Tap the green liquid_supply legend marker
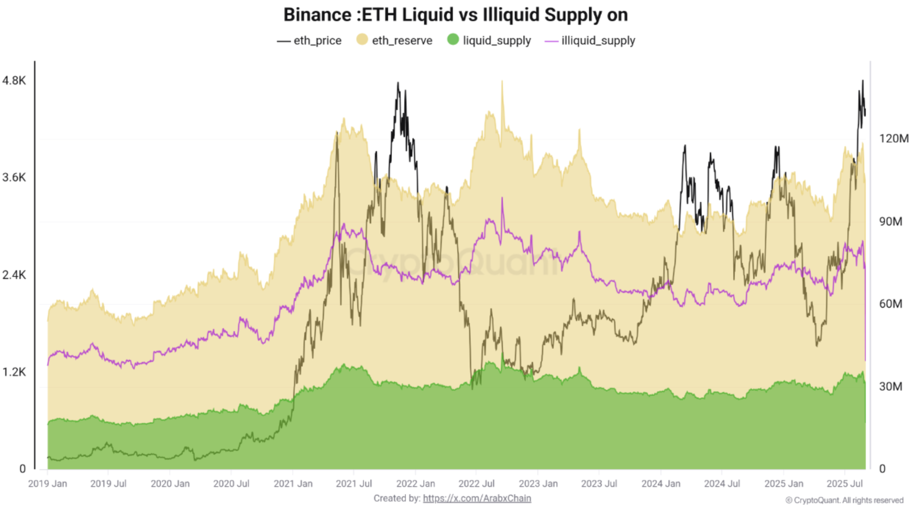[453, 39]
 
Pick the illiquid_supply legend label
[598, 41]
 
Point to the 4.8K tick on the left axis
[14, 81]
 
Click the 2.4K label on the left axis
[14, 275]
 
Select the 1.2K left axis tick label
[14, 372]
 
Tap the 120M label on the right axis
[893, 139]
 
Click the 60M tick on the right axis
[890, 304]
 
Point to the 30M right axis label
[890, 386]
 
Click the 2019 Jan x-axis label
[48, 483]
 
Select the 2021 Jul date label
[354, 483]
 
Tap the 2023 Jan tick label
[538, 483]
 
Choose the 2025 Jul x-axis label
[844, 483]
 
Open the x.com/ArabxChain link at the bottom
[477, 498]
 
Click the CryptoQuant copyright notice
[844, 500]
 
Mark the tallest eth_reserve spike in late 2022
[502, 82]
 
